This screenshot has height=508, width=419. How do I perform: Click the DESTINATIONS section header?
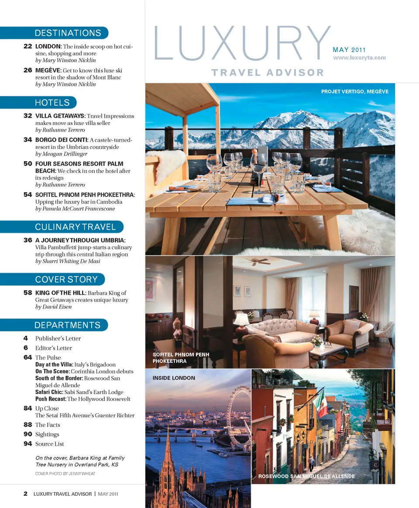[68, 33]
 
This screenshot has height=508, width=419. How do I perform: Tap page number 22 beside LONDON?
[27, 46]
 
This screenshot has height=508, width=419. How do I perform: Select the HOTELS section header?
[52, 103]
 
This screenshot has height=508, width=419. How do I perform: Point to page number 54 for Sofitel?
[27, 195]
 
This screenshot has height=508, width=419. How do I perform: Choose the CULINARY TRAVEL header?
[75, 227]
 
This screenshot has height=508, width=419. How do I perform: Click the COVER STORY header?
[66, 280]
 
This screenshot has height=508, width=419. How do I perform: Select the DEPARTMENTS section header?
[67, 325]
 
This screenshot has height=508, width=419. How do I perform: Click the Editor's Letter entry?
[54, 348]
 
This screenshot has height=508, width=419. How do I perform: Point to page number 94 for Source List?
[27, 444]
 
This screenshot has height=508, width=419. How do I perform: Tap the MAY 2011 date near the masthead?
[349, 50]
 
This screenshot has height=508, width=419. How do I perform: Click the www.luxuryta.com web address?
[359, 58]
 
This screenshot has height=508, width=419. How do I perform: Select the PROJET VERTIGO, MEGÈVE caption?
[354, 92]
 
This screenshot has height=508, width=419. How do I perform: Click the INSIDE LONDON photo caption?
[174, 378]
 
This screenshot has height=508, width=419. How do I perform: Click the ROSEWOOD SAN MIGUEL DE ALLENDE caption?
[306, 476]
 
